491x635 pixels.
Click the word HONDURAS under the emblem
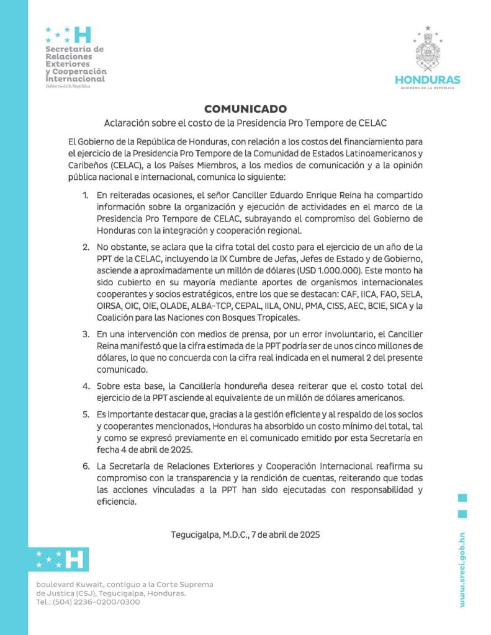coord(428,79)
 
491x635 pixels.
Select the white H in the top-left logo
coord(82,34)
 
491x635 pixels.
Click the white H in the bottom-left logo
coord(74,559)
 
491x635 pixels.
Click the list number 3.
coord(86,335)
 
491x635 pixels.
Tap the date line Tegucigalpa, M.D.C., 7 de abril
coord(245,534)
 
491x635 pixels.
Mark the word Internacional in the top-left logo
coord(75,79)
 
